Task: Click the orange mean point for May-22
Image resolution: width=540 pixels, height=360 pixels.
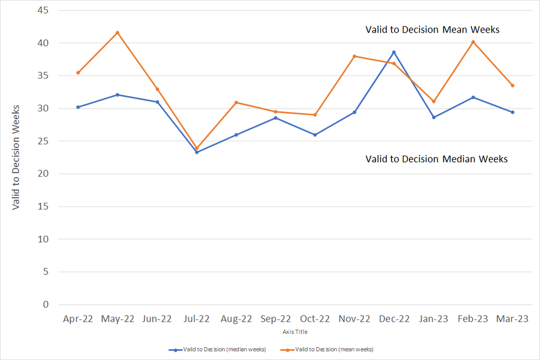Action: [118, 33]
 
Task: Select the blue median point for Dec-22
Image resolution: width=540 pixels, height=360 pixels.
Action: [394, 52]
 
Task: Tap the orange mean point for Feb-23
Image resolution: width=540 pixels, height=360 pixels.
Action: [473, 42]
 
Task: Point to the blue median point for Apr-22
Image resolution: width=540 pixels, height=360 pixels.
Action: [78, 107]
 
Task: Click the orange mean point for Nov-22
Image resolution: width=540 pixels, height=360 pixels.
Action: [354, 56]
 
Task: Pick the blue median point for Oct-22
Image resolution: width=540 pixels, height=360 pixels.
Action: [315, 135]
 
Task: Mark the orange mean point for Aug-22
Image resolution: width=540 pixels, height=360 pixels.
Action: [236, 102]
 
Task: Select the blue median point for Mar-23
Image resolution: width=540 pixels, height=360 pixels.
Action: [512, 112]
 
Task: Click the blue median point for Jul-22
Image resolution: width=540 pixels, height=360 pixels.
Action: [197, 152]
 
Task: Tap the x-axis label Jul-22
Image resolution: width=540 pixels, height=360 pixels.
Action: [197, 319]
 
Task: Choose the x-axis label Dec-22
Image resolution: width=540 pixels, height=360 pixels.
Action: [394, 319]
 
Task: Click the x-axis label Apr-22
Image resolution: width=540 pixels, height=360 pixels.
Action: [78, 319]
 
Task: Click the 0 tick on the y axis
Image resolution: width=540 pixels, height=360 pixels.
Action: [45, 304]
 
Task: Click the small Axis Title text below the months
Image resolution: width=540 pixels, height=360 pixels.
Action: [295, 332]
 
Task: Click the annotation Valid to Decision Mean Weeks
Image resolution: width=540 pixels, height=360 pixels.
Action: [432, 30]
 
